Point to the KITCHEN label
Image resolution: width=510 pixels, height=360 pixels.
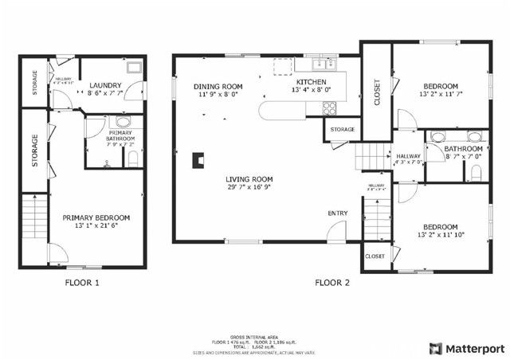(312, 81)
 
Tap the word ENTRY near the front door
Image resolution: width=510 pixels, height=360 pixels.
(337, 213)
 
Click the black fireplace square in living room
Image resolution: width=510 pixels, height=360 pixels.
(196, 159)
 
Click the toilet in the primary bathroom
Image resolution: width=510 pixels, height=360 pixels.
(132, 158)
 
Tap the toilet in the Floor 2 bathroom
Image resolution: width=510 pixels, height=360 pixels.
(477, 171)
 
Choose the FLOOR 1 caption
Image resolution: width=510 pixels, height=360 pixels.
(82, 282)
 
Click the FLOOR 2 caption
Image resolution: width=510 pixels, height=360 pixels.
(332, 282)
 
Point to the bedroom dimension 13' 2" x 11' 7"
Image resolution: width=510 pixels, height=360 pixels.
(440, 94)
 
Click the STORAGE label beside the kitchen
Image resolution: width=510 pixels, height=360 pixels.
(342, 129)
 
